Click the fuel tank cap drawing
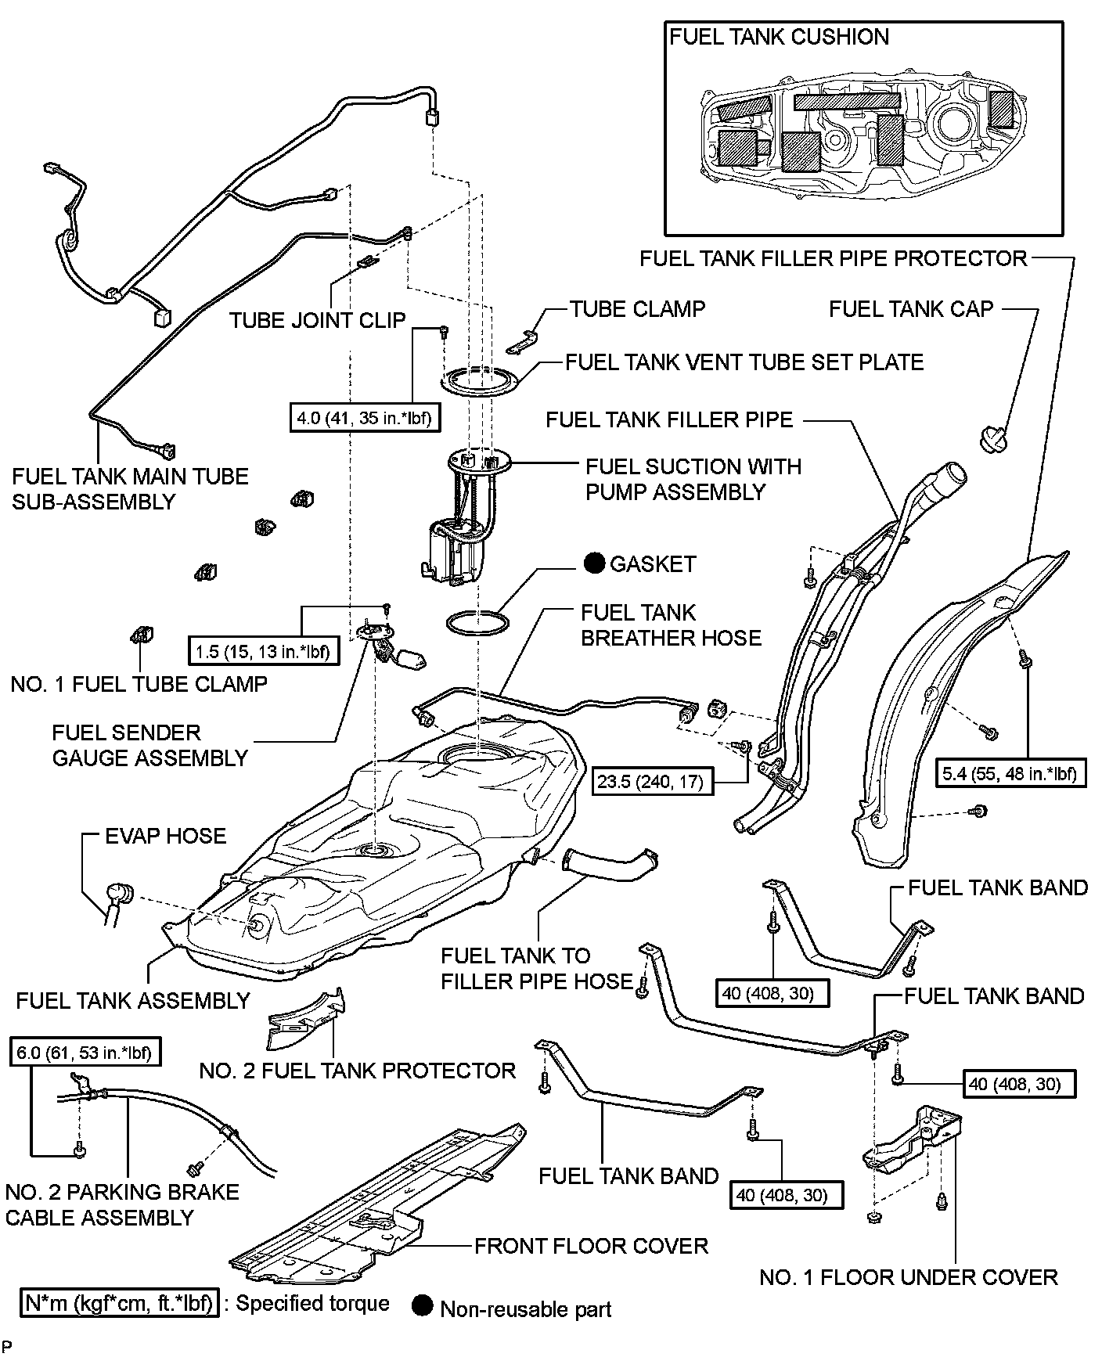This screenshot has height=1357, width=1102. (993, 436)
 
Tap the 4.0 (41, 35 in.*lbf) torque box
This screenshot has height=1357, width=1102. (365, 418)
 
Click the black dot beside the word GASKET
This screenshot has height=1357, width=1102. (595, 563)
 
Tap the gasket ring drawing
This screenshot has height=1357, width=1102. (477, 624)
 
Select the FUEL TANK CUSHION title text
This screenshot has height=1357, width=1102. (780, 37)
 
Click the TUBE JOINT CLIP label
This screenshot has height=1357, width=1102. (317, 320)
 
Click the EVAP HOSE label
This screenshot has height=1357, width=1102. (166, 836)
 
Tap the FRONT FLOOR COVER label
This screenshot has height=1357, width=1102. (591, 1246)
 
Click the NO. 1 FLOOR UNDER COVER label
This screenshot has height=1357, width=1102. (909, 1277)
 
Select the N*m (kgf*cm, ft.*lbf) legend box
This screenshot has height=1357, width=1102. (120, 1303)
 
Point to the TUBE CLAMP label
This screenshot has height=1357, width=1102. (637, 309)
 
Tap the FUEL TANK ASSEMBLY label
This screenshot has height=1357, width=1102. (133, 1000)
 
